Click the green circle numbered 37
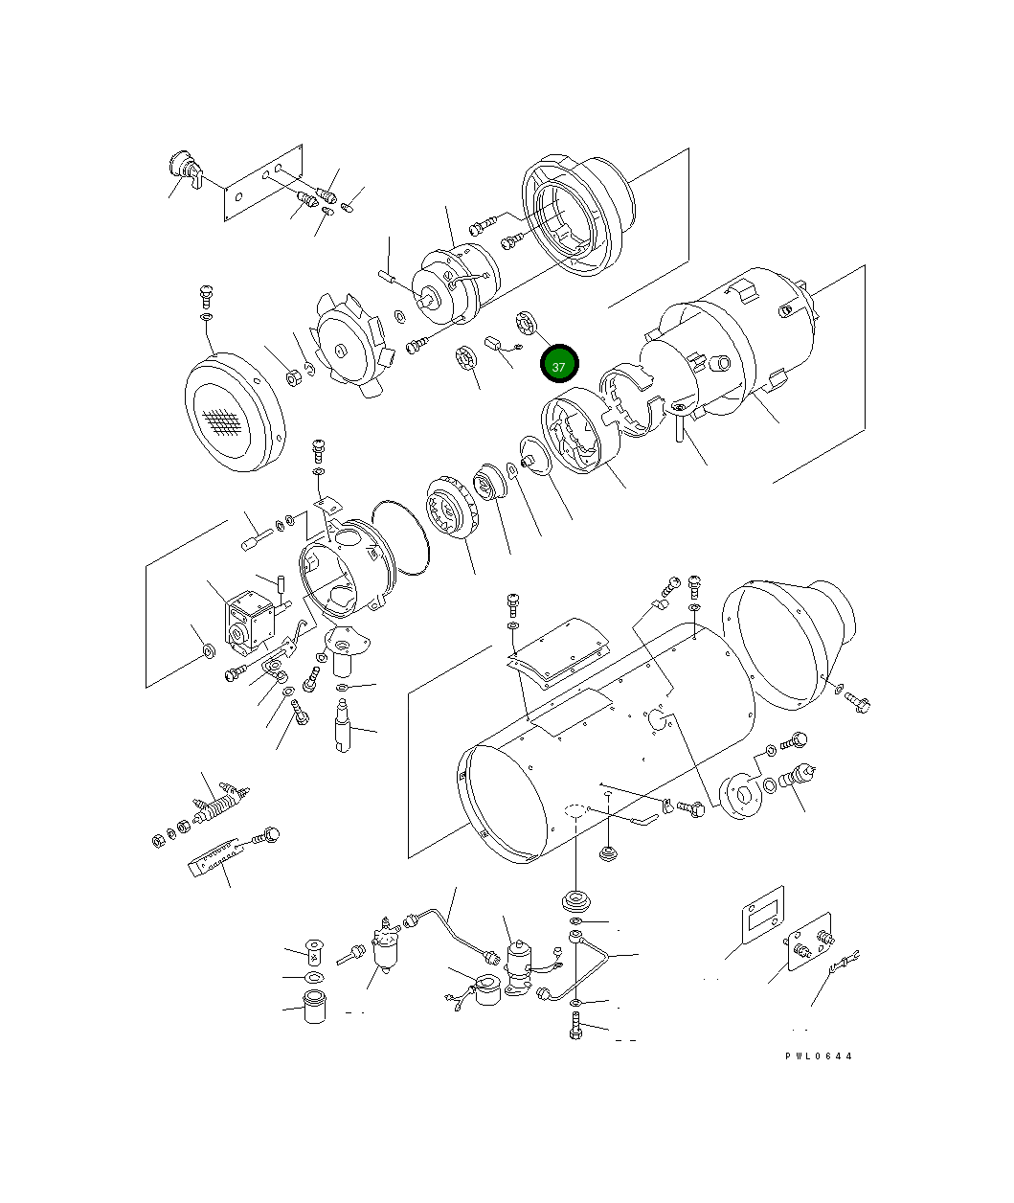click(x=559, y=366)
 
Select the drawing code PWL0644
click(x=818, y=1056)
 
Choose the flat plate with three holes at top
click(x=263, y=184)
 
